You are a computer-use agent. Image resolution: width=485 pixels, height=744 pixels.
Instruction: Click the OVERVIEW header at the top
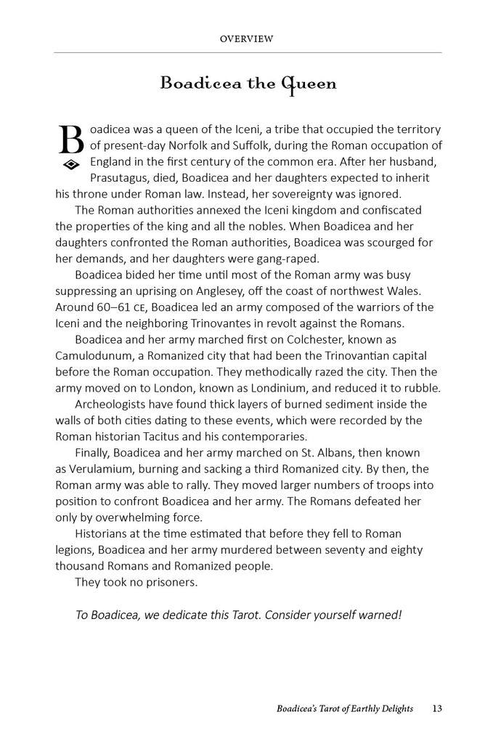pos(246,39)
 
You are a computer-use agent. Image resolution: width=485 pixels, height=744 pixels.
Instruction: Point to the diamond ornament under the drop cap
pos(71,165)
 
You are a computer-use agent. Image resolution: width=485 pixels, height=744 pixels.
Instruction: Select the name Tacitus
pos(179,437)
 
